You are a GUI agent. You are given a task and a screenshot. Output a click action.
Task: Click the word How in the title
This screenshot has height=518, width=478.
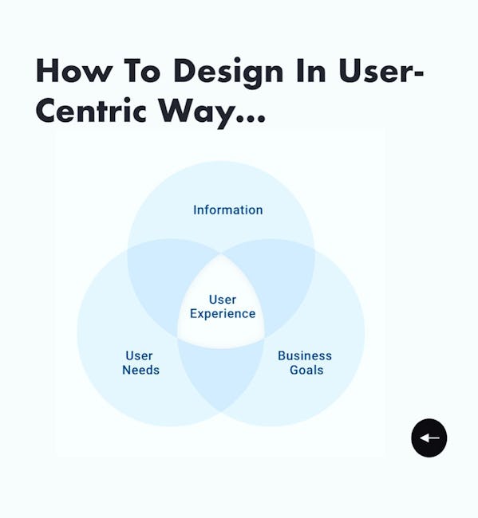(73, 70)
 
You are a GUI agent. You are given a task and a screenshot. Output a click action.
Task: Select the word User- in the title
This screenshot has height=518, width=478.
(381, 70)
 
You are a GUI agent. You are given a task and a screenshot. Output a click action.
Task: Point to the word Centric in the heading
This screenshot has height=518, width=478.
(91, 110)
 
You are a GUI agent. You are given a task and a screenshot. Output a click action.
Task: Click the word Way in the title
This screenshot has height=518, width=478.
(196, 113)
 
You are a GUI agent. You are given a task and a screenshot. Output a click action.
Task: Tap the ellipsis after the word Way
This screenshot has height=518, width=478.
(251, 118)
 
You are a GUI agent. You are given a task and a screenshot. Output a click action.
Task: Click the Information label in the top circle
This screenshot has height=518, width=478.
(228, 210)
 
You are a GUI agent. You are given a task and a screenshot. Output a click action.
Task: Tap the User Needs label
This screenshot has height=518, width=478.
(140, 363)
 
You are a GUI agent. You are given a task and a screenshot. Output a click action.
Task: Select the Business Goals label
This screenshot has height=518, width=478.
(305, 363)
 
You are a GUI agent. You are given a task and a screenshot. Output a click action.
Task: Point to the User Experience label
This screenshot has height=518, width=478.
(223, 307)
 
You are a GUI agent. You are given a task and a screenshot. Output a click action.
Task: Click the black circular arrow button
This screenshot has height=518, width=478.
(429, 438)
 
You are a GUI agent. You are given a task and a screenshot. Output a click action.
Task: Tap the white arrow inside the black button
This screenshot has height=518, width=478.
(429, 438)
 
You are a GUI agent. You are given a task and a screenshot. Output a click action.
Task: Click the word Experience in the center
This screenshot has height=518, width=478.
(223, 314)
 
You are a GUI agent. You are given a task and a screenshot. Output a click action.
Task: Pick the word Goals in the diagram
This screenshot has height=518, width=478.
(306, 370)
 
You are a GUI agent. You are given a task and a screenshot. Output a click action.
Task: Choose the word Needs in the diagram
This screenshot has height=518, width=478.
(140, 370)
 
